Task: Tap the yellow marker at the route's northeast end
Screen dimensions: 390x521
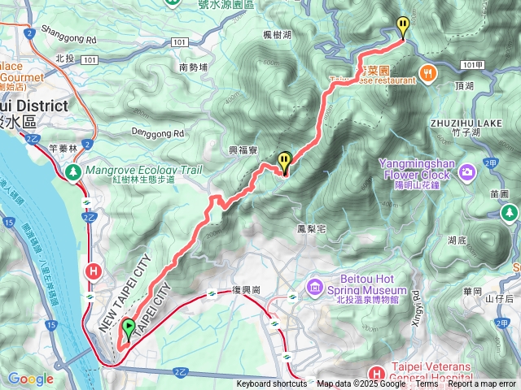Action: (401, 26)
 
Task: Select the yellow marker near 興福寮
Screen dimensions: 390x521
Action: (284, 162)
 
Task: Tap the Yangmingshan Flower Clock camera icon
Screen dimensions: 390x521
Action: (467, 171)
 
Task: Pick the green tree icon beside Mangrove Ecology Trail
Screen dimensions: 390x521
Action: (73, 171)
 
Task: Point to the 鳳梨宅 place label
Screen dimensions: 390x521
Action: (311, 230)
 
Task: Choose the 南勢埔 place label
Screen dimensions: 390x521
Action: (195, 67)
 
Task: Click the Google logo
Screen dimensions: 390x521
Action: (30, 379)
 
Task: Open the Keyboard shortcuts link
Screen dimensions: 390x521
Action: (272, 384)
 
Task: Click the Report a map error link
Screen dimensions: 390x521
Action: (481, 384)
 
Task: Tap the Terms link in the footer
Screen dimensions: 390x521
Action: (427, 384)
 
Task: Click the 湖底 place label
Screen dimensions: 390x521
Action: (458, 240)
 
